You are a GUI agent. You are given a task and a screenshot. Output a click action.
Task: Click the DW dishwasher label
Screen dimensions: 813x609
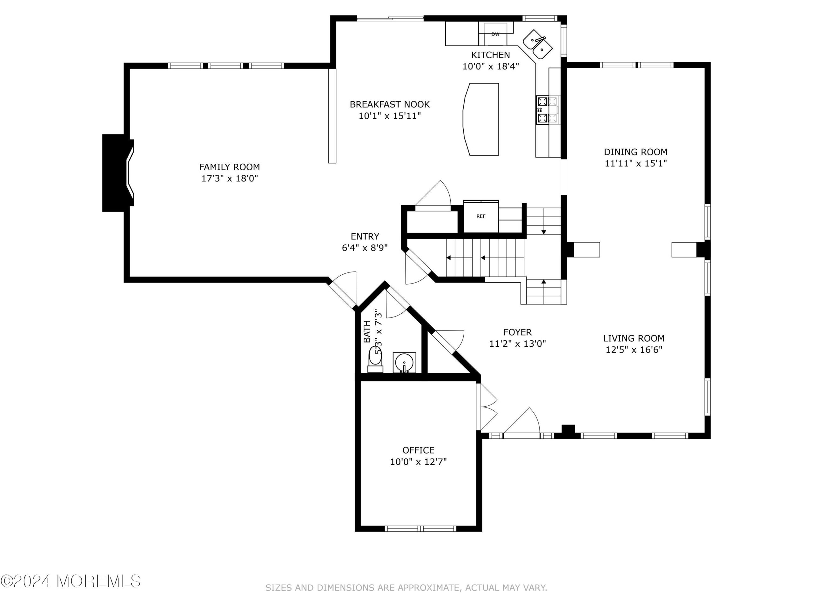(495, 35)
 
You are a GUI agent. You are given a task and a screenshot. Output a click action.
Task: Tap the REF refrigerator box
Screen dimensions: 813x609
(481, 217)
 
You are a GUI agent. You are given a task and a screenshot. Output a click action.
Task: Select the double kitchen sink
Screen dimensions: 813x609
(537, 45)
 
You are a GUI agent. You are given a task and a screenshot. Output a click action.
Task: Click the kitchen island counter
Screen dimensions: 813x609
(481, 119)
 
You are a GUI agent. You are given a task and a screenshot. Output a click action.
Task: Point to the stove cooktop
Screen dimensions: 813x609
(547, 110)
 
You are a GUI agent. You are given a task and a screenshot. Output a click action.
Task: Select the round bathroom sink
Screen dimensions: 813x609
(404, 363)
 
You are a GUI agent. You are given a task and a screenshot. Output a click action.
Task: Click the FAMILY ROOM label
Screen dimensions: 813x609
(230, 167)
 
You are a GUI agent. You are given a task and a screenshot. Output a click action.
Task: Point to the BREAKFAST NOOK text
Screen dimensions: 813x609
(390, 104)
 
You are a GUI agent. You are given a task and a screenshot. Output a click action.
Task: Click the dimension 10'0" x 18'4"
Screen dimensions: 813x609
(491, 66)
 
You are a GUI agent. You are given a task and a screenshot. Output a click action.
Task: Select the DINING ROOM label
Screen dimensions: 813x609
(636, 152)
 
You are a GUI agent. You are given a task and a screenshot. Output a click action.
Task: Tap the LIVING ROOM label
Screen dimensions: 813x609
(634, 338)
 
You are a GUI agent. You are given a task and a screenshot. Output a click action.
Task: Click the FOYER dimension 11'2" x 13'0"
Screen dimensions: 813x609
(518, 344)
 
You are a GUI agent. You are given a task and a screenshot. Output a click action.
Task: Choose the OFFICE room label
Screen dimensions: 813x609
(418, 450)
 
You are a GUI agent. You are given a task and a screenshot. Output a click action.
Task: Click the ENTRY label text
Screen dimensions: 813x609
(365, 236)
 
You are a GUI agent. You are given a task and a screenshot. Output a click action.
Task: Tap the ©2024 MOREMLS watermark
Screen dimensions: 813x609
(71, 581)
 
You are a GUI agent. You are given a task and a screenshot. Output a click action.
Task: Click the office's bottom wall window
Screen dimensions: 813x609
(420, 529)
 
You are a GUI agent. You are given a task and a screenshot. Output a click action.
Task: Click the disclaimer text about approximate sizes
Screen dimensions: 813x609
(406, 588)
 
